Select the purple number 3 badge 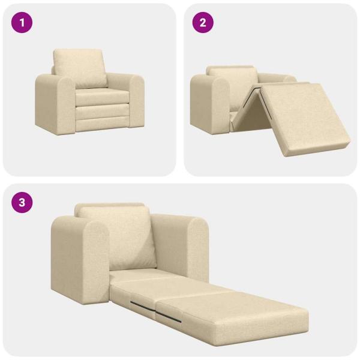22,202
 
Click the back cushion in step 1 80,67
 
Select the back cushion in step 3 115,237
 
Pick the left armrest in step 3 78,258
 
